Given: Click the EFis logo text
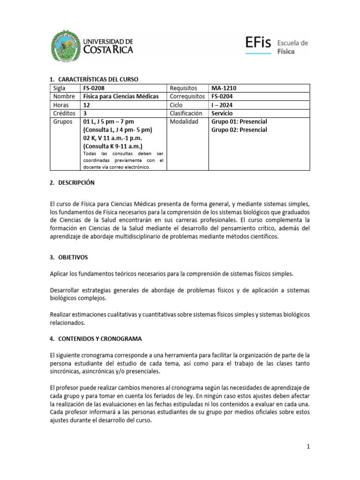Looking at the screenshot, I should (x=258, y=44).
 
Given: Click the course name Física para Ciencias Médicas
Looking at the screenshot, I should (x=120, y=97).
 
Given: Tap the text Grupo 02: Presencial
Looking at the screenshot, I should (x=240, y=130).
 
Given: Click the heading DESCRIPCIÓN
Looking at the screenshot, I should (x=76, y=183).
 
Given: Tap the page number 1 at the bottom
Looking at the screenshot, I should (x=308, y=447).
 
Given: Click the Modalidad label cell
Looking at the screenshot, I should (x=184, y=121).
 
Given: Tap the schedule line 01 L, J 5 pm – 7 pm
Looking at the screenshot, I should (x=108, y=121).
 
